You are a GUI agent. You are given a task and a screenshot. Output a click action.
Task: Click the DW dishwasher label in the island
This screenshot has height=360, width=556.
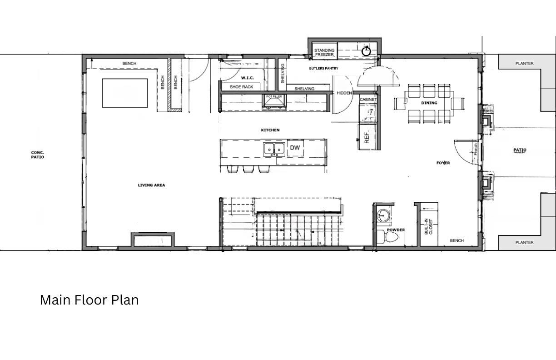pos(295,148)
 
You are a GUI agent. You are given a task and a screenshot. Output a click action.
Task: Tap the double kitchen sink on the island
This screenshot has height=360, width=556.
pos(274,149)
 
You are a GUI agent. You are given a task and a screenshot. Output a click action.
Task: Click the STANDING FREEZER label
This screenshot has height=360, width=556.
pos(324,52)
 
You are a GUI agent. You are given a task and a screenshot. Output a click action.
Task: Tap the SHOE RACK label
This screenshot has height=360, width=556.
pos(241,87)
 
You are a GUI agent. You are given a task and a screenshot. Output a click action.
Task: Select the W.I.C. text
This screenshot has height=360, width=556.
pos(247,78)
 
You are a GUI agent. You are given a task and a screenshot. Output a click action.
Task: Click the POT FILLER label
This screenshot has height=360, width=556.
pos(274,97)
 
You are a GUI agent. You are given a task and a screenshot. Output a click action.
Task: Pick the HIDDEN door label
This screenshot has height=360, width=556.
pos(344,93)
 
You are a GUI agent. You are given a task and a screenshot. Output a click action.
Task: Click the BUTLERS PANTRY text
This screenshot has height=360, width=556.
pos(323,69)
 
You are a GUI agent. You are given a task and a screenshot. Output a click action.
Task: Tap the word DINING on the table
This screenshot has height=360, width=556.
pos(429,103)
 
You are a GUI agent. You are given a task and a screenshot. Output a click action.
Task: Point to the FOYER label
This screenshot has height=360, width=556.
pos(443,163)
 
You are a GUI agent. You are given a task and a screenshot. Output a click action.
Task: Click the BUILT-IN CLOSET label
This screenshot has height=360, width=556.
pos(428,226)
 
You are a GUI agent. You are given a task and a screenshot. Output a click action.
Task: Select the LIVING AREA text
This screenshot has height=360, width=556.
pos(151,185)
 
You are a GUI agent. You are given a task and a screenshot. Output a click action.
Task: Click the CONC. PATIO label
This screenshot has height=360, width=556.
pos(38,155)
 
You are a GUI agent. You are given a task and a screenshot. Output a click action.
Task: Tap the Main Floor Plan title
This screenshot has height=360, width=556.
pos(89,300)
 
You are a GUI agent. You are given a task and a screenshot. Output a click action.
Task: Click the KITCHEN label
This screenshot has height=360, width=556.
pos(270,130)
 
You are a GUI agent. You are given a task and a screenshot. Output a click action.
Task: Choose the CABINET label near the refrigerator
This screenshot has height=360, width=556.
pos(368,100)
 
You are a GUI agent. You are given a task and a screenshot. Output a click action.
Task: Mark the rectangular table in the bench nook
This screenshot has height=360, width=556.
pos(125,93)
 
